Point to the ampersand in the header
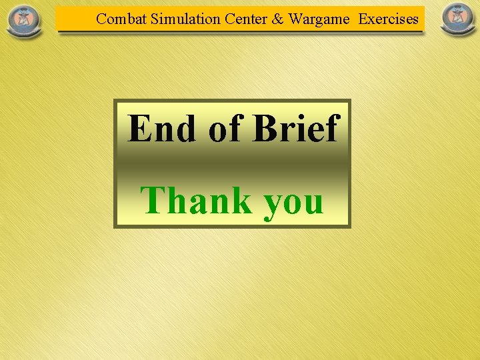coord(277,19)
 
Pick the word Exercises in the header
coord(389,19)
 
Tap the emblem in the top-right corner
coord(459,19)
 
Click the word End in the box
coord(161,128)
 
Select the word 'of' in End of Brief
coord(225,129)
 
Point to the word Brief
coord(295,128)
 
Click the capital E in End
coord(139,128)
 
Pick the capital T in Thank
coord(153,200)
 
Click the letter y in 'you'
coord(274,204)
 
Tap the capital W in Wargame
coord(297,19)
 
